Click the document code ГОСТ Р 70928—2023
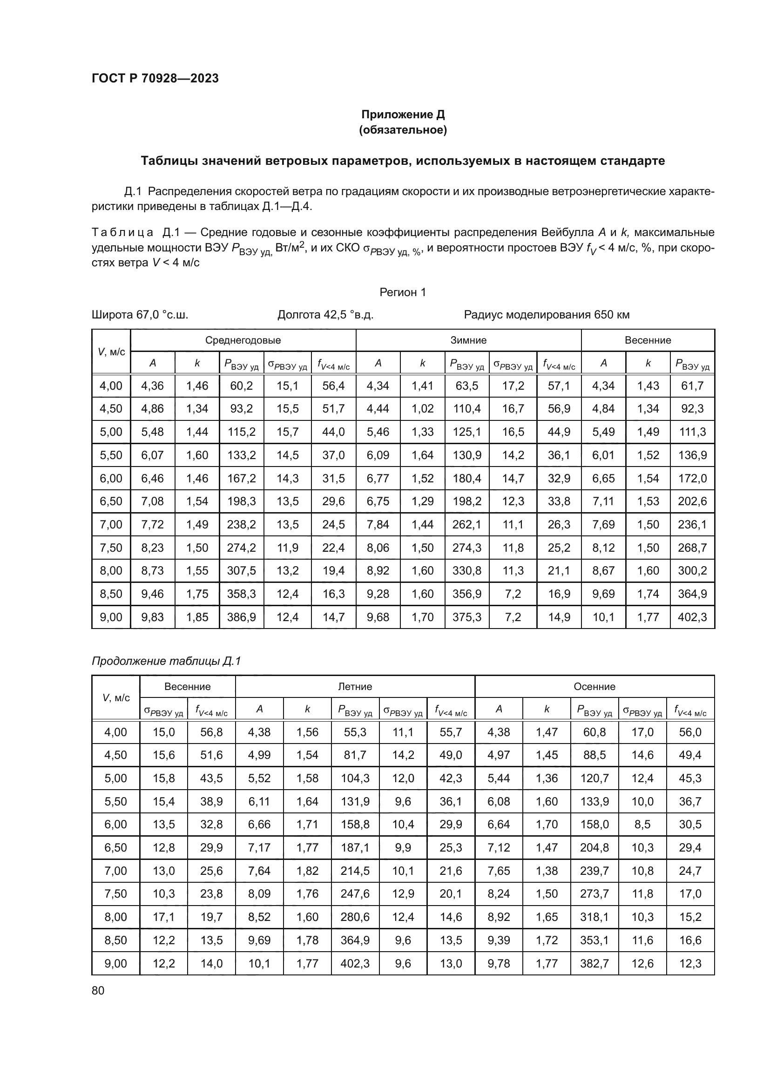pyautogui.click(x=155, y=78)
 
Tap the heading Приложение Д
pyautogui.click(x=403, y=115)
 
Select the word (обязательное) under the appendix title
pyautogui.click(x=403, y=130)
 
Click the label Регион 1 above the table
pyautogui.click(x=403, y=292)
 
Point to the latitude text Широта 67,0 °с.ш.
pyautogui.click(x=140, y=314)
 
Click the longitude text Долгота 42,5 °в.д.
pyautogui.click(x=325, y=314)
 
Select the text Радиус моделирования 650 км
pyautogui.click(x=546, y=314)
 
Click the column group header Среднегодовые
pyautogui.click(x=243, y=340)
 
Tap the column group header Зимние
pyautogui.click(x=468, y=340)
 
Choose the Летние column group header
pyautogui.click(x=355, y=686)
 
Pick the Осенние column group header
pyautogui.click(x=594, y=686)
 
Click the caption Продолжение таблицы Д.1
pyautogui.click(x=166, y=661)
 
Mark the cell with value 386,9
pyautogui.click(x=241, y=617)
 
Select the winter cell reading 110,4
pyautogui.click(x=466, y=408)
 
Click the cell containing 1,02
pyautogui.click(x=422, y=408)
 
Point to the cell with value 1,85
pyautogui.click(x=197, y=617)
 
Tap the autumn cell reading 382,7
pyautogui.click(x=594, y=963)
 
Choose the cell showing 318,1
pyautogui.click(x=594, y=917)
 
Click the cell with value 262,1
pyautogui.click(x=466, y=524)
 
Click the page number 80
pyautogui.click(x=98, y=990)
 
